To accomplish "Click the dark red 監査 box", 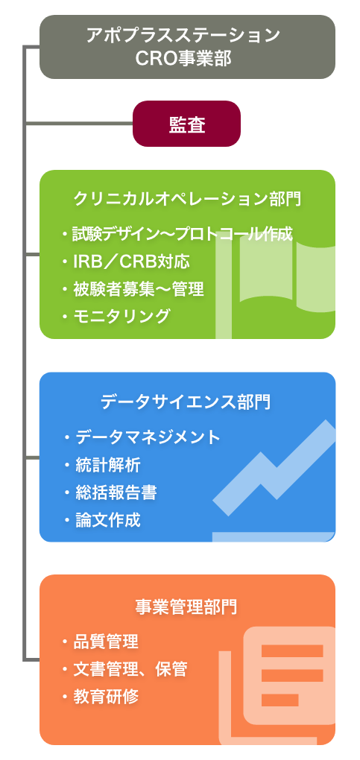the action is click(187, 124).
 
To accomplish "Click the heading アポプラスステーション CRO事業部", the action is click(183, 46).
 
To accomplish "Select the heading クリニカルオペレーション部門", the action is click(187, 199).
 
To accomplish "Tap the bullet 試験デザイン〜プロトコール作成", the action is click(177, 234).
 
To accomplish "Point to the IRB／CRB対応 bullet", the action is click(126, 262).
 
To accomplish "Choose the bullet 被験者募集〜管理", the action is click(133, 289).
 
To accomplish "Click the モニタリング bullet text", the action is click(116, 316).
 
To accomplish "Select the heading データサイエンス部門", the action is click(186, 402).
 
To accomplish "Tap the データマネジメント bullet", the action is click(142, 437).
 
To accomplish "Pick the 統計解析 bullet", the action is click(102, 465).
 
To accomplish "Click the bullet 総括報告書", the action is click(110, 493).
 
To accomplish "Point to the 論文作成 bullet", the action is click(102, 520).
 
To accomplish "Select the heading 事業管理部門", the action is click(186, 607).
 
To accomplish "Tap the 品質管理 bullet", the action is click(101, 642).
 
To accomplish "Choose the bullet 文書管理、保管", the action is click(124, 669).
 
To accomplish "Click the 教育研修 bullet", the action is click(101, 697).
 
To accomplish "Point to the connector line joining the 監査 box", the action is click(78, 124).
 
